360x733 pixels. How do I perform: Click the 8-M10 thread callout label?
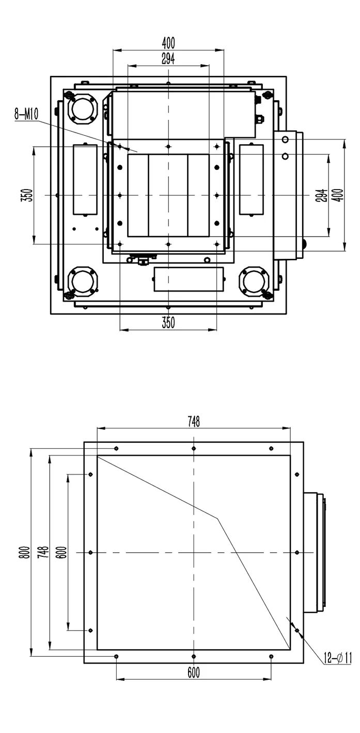tap(26, 115)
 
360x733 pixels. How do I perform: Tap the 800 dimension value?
tap(26, 552)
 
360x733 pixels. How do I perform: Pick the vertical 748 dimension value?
tap(43, 552)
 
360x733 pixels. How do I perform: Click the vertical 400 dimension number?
tap(339, 195)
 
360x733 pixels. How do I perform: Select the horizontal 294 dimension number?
tap(168, 58)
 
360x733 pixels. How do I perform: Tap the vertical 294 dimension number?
tap(323, 195)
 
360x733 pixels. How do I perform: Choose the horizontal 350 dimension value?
tap(168, 323)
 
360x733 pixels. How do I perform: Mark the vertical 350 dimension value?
tap(28, 195)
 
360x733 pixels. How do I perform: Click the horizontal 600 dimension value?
tap(193, 673)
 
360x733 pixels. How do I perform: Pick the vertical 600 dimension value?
tap(63, 552)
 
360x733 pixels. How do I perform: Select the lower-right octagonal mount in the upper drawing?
tap(254, 282)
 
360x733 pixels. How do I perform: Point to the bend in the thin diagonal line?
tap(217, 518)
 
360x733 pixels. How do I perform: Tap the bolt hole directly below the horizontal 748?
tap(194, 448)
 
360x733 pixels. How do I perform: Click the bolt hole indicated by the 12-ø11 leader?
tap(297, 630)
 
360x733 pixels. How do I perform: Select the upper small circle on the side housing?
tap(285, 139)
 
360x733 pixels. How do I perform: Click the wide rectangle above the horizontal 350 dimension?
tap(189, 279)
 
